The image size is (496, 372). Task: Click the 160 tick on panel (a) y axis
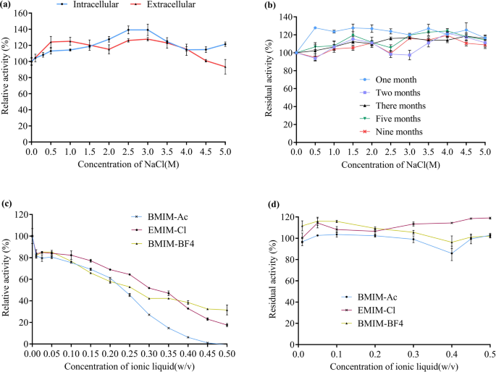pos(19,14)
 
